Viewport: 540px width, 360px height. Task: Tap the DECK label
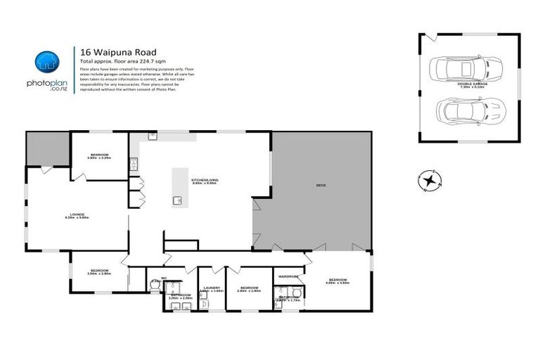321,185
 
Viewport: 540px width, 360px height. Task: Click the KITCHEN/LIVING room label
204,180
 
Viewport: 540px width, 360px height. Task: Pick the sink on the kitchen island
177,200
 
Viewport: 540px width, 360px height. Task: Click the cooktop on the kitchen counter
131,165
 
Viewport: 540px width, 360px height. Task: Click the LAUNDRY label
211,288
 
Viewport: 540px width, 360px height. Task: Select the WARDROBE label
289,276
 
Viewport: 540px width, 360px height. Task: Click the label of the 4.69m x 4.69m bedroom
338,280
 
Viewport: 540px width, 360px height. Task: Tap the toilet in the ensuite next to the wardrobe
297,291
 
